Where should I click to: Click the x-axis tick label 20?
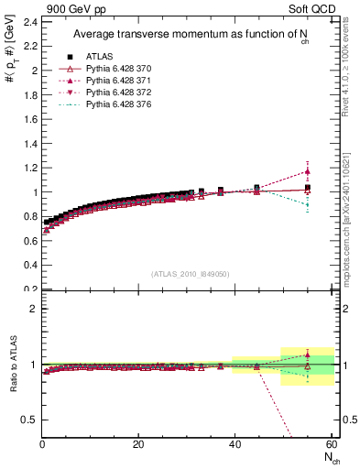[138, 444]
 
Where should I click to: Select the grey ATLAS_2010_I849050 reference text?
[190, 273]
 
